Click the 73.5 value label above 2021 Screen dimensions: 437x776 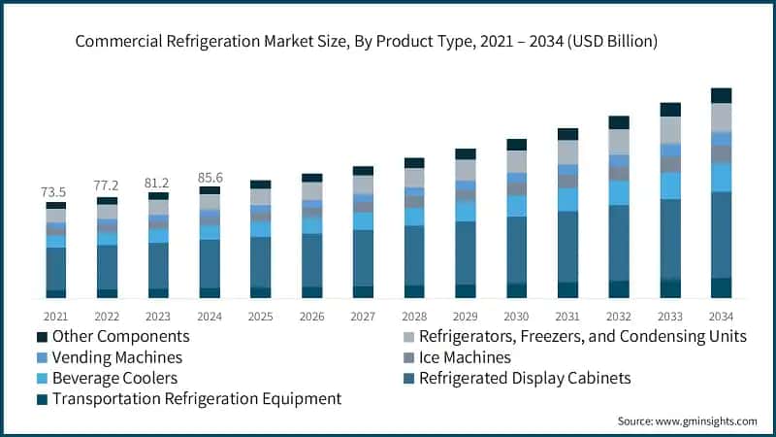click(x=55, y=192)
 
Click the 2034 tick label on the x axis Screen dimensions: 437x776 click(x=721, y=316)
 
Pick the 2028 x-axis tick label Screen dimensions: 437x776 click(x=414, y=316)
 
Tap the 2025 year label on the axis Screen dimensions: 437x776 click(x=261, y=316)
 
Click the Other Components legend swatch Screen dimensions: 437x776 click(x=42, y=337)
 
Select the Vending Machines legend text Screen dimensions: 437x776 click(x=117, y=357)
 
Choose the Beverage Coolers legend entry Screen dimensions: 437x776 click(x=115, y=378)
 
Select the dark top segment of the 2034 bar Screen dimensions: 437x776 click(x=721, y=95)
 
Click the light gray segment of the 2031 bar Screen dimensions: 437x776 click(x=567, y=152)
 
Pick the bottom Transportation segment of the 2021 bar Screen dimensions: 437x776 click(x=55, y=293)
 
